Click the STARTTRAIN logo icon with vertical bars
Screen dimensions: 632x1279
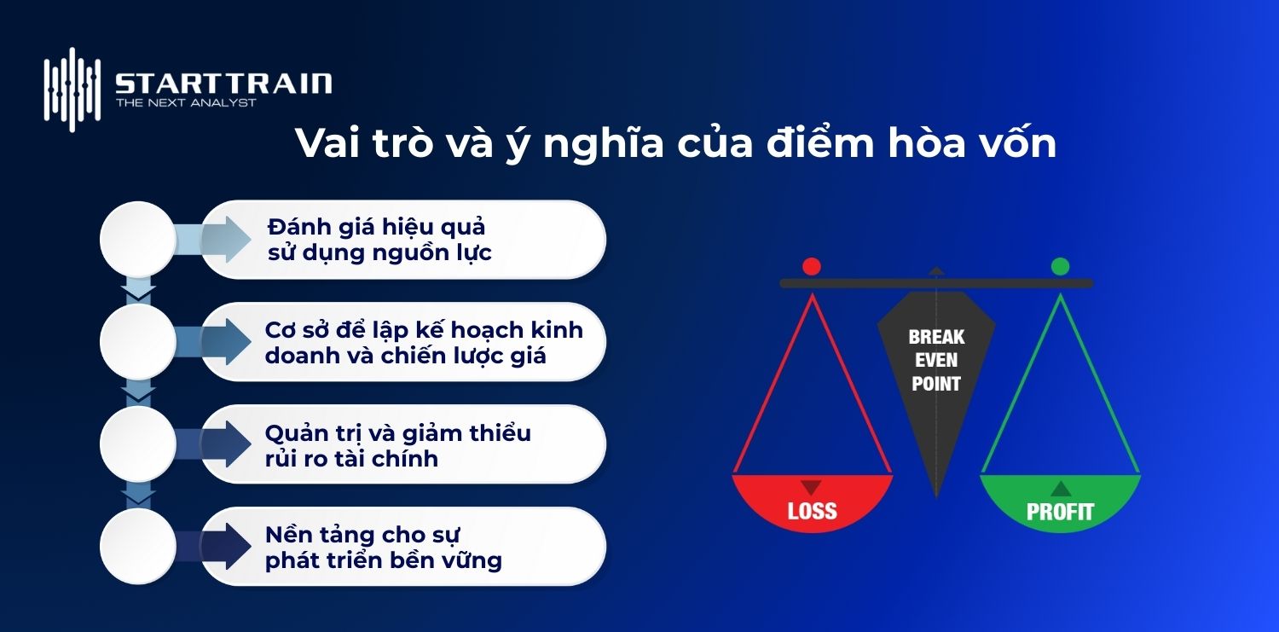pos(72,90)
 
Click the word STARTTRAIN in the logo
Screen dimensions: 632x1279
pos(223,83)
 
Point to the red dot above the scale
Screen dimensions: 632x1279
pos(812,267)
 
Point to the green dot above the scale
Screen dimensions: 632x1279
pos(1060,267)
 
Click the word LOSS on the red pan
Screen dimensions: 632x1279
pos(812,512)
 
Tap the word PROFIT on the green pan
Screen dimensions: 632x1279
pos(1060,512)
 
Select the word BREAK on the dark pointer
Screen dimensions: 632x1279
pos(936,337)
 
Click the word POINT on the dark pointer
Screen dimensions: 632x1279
pos(936,384)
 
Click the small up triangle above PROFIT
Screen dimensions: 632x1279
pos(1060,489)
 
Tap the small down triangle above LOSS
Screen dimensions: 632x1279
pos(812,488)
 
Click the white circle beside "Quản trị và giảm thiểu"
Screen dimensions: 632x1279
pos(137,444)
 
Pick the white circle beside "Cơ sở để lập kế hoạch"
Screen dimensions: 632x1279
pos(137,342)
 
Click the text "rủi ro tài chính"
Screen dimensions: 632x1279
pos(351,458)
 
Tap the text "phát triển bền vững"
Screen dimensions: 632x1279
pos(383,560)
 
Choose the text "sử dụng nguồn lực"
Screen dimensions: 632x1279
pos(379,253)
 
